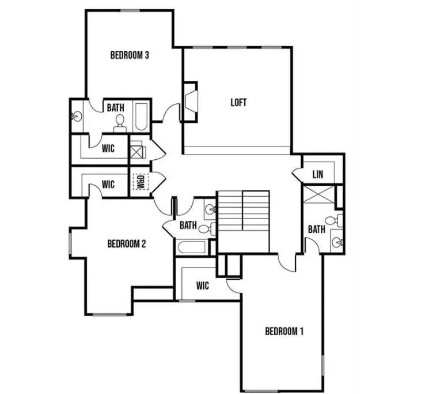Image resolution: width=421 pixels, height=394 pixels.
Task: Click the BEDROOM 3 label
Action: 130,55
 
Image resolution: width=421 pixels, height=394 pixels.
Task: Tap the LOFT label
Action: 238,103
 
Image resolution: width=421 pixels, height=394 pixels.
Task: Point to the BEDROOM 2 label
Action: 127,243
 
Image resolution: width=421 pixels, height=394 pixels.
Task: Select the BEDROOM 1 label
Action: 284,331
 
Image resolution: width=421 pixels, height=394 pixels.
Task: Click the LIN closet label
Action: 317,175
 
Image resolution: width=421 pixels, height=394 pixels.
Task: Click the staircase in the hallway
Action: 243,221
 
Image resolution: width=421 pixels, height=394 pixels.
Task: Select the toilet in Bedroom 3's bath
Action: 120,121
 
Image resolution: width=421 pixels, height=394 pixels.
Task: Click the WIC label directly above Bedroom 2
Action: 108,185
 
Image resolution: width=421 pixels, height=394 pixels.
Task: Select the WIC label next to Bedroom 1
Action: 202,286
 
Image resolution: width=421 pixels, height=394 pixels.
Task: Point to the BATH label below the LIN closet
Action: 316,229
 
